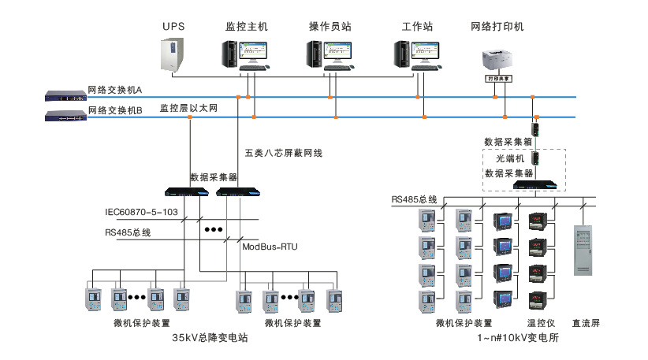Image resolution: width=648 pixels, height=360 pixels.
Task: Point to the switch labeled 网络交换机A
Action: (x=65, y=96)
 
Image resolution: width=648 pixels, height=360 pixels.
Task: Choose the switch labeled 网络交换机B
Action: (x=65, y=117)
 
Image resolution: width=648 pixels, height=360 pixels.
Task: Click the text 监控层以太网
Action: (x=188, y=108)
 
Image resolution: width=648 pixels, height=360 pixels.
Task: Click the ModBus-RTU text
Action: (x=269, y=247)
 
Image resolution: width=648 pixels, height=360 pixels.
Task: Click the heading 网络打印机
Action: (x=497, y=26)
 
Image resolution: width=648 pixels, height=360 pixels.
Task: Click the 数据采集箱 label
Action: (x=508, y=142)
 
